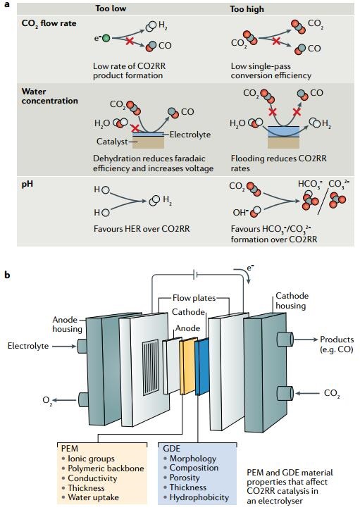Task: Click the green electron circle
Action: click(x=106, y=38)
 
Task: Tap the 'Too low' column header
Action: click(x=110, y=8)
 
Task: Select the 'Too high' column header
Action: click(x=247, y=8)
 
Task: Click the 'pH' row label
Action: click(x=27, y=185)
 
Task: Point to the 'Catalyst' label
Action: click(x=112, y=142)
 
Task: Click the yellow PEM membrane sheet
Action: click(x=189, y=366)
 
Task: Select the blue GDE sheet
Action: click(x=202, y=366)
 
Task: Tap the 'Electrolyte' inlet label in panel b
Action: click(x=28, y=346)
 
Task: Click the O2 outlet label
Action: click(x=47, y=400)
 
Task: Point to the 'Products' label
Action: click(x=337, y=340)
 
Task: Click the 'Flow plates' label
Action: click(x=194, y=298)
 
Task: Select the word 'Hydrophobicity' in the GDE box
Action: click(x=199, y=497)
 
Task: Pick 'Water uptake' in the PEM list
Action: click(x=93, y=497)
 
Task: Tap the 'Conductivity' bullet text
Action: click(x=92, y=478)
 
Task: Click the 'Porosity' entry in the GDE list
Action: click(x=185, y=478)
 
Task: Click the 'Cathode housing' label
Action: click(x=291, y=301)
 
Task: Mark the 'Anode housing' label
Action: click(x=67, y=324)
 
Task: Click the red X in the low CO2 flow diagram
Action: click(x=130, y=42)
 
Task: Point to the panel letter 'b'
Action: click(x=7, y=275)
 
